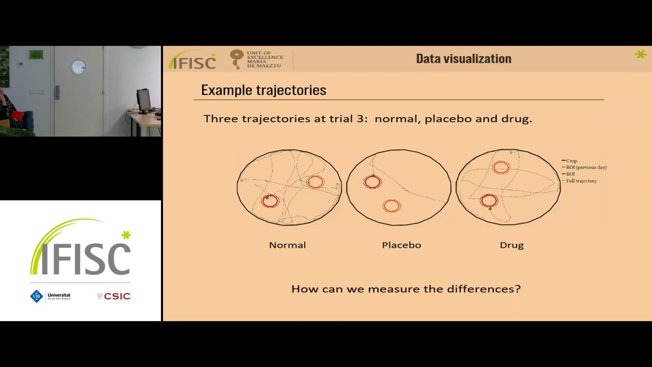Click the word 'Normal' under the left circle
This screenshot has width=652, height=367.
[x=287, y=245]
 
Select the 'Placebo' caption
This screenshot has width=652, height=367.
[x=401, y=245]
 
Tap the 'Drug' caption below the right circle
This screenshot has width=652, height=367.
[x=511, y=245]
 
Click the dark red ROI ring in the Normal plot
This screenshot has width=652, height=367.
[x=270, y=201]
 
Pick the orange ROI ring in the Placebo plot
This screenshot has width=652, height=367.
[x=391, y=206]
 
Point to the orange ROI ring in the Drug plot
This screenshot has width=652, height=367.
[x=501, y=167]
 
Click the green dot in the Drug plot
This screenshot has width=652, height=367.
[x=490, y=209]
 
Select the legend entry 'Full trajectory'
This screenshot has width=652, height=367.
[x=581, y=181]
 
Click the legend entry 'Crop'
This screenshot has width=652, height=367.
[x=571, y=161]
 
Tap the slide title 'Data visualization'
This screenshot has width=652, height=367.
[x=464, y=59]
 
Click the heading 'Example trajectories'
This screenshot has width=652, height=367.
[x=263, y=90]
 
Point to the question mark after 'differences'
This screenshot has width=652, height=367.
[x=518, y=289]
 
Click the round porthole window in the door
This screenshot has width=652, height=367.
[x=78, y=67]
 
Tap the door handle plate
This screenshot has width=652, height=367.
[x=57, y=92]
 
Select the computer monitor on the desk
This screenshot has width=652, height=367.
[x=144, y=100]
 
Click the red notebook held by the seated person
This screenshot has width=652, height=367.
[x=17, y=116]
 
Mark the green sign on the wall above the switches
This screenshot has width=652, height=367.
[x=36, y=55]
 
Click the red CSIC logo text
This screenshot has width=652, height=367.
[x=117, y=296]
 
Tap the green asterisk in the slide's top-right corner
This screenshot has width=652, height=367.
[x=640, y=54]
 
